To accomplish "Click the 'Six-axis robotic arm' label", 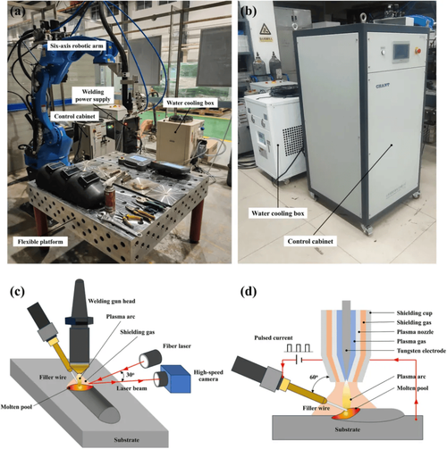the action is [77, 46].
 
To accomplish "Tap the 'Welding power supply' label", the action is [93, 96].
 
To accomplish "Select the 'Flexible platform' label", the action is [40, 242].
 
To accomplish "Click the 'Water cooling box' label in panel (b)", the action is [278, 213].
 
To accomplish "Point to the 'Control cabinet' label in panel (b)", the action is [310, 241].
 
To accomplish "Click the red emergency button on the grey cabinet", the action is [417, 51].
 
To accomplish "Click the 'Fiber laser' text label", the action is [177, 346].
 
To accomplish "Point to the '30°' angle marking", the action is [130, 375].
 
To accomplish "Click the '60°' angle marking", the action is [314, 378].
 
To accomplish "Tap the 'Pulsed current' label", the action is [274, 337].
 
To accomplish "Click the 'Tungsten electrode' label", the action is [421, 351].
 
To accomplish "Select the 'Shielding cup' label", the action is [414, 313].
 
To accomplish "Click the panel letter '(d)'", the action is [249, 292].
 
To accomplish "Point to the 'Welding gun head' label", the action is [112, 301].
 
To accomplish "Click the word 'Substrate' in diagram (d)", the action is [348, 429].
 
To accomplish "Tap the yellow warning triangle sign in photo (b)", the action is [265, 29].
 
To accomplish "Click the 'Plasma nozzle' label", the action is [415, 332].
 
